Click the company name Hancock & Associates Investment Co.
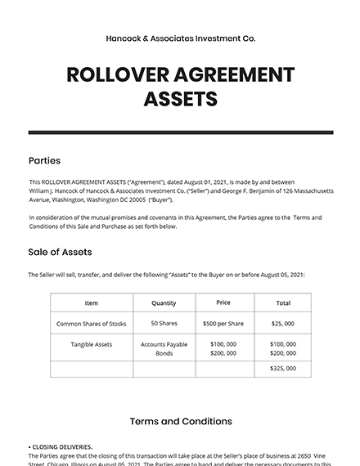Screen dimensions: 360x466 [x=180, y=38]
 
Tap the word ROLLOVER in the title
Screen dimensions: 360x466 [x=117, y=75]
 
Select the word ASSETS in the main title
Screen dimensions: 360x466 [x=180, y=99]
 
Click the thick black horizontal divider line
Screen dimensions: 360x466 [x=180, y=132]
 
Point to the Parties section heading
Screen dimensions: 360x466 [x=44, y=160]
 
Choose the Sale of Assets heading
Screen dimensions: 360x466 [x=60, y=252]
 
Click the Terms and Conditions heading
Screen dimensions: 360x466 [x=180, y=422]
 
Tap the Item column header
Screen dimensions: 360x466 [x=91, y=303]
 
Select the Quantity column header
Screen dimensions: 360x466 [x=164, y=303]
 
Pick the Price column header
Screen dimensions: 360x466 [x=223, y=302]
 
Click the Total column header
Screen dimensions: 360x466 [x=282, y=303]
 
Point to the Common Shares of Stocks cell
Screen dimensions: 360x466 [x=91, y=324]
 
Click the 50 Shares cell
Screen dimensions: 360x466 [x=164, y=324]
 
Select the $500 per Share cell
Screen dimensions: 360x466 [x=223, y=324]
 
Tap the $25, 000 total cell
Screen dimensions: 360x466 [x=282, y=324]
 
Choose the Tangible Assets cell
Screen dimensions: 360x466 [x=91, y=344]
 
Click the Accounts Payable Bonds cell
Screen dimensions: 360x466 [x=164, y=348]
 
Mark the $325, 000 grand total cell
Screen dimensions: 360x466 [x=282, y=370]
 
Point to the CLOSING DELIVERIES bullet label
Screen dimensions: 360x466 [x=62, y=447]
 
